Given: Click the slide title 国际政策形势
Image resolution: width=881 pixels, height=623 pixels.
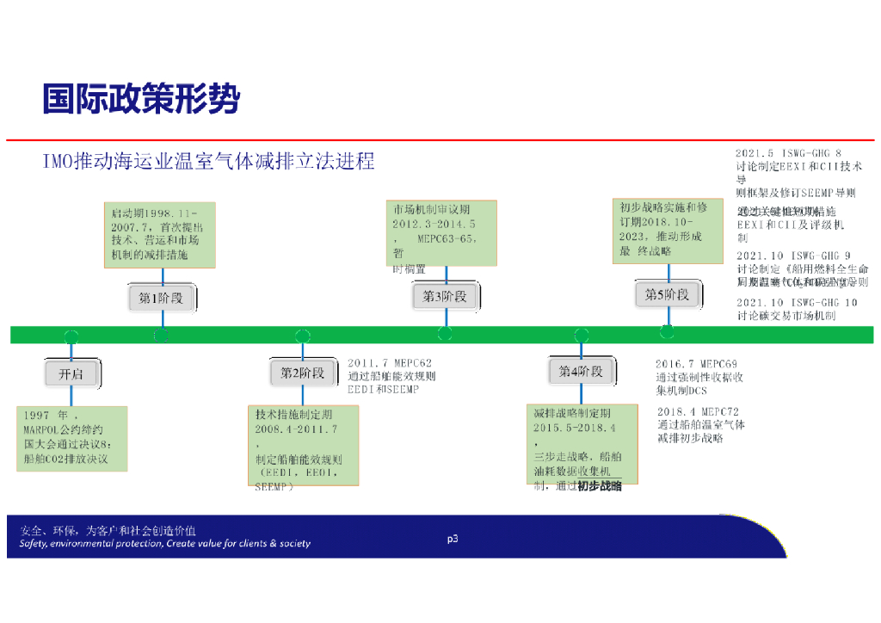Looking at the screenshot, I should (141, 99).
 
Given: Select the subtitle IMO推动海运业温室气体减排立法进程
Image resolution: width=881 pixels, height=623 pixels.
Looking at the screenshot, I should (209, 161).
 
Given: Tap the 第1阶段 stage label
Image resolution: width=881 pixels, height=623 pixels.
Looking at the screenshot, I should (162, 298).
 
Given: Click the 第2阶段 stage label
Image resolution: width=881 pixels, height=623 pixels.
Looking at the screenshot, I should (303, 373).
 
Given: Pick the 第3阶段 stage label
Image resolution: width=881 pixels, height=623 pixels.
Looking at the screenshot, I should (445, 296).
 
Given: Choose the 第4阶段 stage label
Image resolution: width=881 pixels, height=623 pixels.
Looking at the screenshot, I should (582, 372).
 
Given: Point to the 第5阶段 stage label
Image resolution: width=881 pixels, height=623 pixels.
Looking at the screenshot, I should (668, 294).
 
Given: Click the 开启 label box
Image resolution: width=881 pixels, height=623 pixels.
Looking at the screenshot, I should (71, 374).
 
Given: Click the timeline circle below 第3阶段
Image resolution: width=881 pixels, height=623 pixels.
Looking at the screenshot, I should (445, 334).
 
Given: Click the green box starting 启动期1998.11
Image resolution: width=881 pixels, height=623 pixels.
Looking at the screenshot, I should (160, 235).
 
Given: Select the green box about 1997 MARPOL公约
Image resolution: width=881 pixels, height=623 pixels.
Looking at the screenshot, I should (72, 438).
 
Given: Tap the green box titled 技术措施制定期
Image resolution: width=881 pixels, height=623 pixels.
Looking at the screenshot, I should (303, 446).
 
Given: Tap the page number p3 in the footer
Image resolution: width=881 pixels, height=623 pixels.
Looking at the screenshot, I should (452, 539).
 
